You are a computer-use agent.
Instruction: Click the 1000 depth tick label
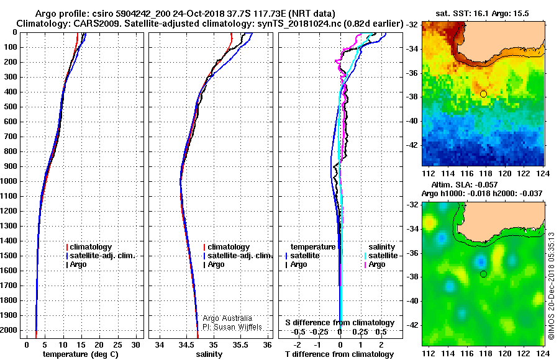click(11, 181)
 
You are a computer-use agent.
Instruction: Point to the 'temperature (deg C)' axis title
click(81, 354)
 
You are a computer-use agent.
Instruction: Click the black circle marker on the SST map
click(483, 94)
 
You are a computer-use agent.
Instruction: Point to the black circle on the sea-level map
click(483, 274)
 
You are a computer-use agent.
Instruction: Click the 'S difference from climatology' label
click(340, 323)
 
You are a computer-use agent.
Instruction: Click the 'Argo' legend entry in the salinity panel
click(216, 264)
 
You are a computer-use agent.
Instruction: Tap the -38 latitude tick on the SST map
click(412, 97)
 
